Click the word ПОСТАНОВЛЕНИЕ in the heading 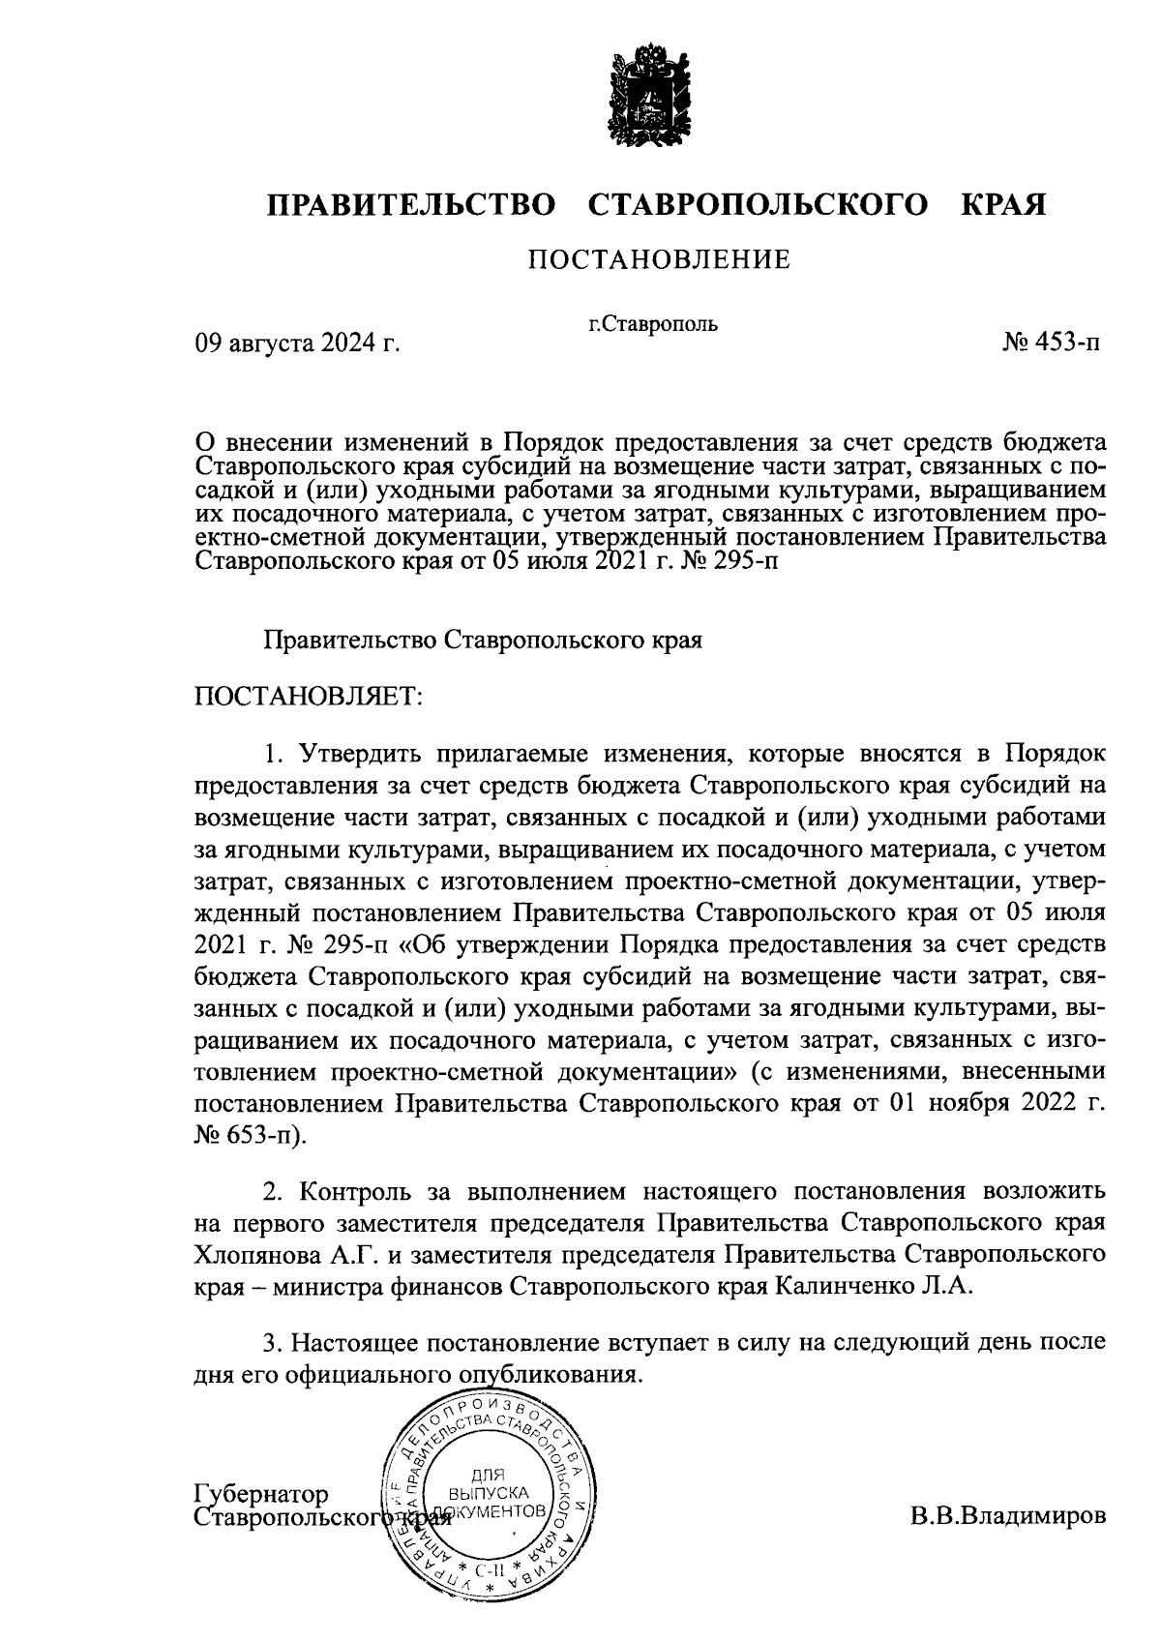click(658, 260)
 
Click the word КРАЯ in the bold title click(1003, 206)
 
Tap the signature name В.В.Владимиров click(1006, 1514)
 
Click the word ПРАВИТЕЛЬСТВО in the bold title click(412, 206)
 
